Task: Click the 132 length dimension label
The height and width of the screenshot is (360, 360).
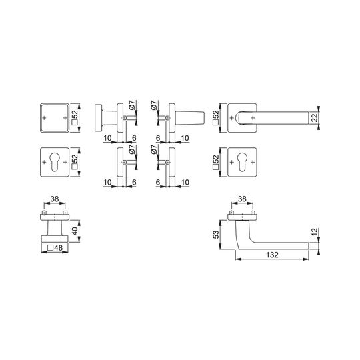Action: (x=272, y=255)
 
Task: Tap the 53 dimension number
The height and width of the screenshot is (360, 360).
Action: (x=216, y=235)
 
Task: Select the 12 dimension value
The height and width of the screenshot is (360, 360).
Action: (x=315, y=231)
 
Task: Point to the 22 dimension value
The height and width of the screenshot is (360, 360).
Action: (x=315, y=117)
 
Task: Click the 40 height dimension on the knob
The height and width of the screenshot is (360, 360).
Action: (x=75, y=231)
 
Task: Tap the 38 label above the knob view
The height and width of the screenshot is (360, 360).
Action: (x=55, y=199)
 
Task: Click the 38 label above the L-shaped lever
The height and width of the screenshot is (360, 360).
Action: (x=242, y=199)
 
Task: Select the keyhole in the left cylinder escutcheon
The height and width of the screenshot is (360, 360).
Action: (x=55, y=162)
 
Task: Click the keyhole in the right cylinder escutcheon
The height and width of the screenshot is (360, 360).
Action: (x=242, y=162)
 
